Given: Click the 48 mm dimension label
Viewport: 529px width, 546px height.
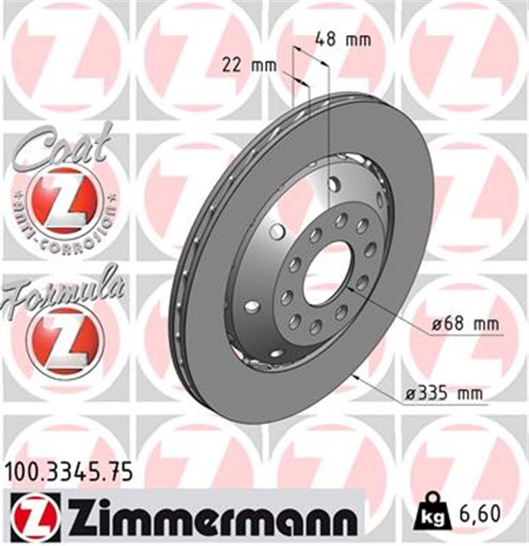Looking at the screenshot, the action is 343,40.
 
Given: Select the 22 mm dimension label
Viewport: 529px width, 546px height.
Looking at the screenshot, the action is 250,65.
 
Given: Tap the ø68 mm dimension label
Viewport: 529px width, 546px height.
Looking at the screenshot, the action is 465,324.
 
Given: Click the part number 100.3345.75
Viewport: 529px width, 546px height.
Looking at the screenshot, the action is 69,473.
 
